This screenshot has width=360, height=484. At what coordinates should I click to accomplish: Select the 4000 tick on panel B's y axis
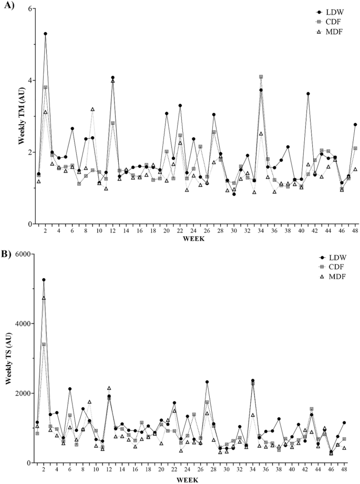click(x=24, y=324)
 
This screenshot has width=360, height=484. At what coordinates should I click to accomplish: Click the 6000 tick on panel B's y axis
click(x=24, y=254)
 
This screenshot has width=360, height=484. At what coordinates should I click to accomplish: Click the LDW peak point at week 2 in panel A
click(x=46, y=34)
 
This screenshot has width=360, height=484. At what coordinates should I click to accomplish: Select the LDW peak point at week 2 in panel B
click(x=44, y=280)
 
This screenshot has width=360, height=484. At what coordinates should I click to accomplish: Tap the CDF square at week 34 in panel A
click(x=261, y=77)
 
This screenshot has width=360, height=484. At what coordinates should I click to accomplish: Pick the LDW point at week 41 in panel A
click(x=308, y=94)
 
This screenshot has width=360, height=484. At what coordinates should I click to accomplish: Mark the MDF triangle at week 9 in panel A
click(x=92, y=109)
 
